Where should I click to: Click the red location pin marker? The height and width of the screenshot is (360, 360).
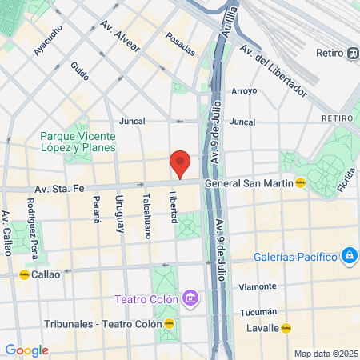[x=181, y=163]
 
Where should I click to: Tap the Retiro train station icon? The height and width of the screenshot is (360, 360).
[x=353, y=54]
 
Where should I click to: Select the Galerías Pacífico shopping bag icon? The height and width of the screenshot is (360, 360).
[x=349, y=256]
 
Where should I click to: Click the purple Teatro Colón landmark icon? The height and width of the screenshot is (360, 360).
[x=190, y=300]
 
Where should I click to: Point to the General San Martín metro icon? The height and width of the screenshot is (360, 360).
[x=300, y=182]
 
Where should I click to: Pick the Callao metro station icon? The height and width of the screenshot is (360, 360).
[x=24, y=274]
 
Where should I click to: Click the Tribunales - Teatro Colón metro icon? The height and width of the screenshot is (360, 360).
[x=170, y=323]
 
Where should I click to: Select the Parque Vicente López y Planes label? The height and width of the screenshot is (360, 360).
[x=78, y=142]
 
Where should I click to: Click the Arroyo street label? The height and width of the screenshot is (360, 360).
[x=243, y=91]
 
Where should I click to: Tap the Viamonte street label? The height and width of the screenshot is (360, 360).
[x=258, y=286]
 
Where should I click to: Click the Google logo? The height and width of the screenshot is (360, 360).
[x=26, y=350]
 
